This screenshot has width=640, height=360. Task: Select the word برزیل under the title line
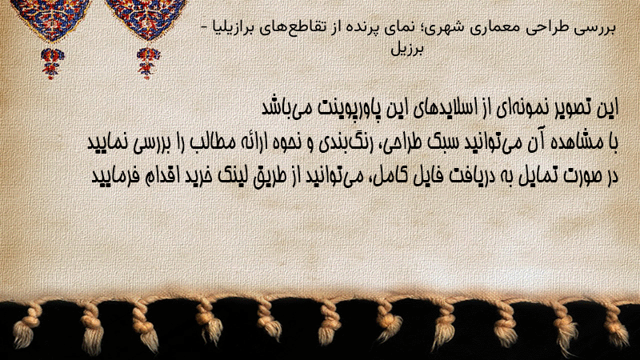coord(407,49)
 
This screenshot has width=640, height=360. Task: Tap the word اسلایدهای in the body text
coord(454,108)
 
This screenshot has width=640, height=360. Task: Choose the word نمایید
coord(108,143)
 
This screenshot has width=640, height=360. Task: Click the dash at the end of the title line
coord(206,28)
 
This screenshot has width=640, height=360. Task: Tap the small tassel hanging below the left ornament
coord(52,63)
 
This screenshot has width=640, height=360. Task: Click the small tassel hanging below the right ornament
coord(148,63)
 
